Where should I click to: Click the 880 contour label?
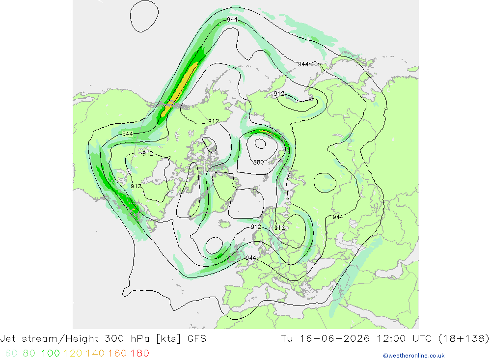[x=258, y=162]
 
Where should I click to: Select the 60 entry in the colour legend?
[x=11, y=354]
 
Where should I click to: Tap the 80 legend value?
[x=29, y=354]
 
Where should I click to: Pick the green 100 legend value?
[x=51, y=354]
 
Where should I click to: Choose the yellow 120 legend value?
[x=73, y=354]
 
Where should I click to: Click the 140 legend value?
[x=95, y=354]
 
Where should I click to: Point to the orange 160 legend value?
[x=117, y=354]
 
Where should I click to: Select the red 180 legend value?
[x=139, y=354]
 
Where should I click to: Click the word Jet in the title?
[x=8, y=339]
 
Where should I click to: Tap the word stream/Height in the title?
[x=60, y=339]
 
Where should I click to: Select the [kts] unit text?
[x=168, y=339]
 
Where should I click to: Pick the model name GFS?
[x=197, y=339]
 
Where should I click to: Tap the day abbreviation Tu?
[x=287, y=339]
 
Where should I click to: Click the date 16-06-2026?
[x=335, y=339]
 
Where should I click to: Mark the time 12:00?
[x=391, y=339]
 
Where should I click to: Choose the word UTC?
[x=422, y=339]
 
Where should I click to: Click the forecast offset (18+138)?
[x=464, y=339]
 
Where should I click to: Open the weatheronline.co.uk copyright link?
[x=413, y=356]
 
